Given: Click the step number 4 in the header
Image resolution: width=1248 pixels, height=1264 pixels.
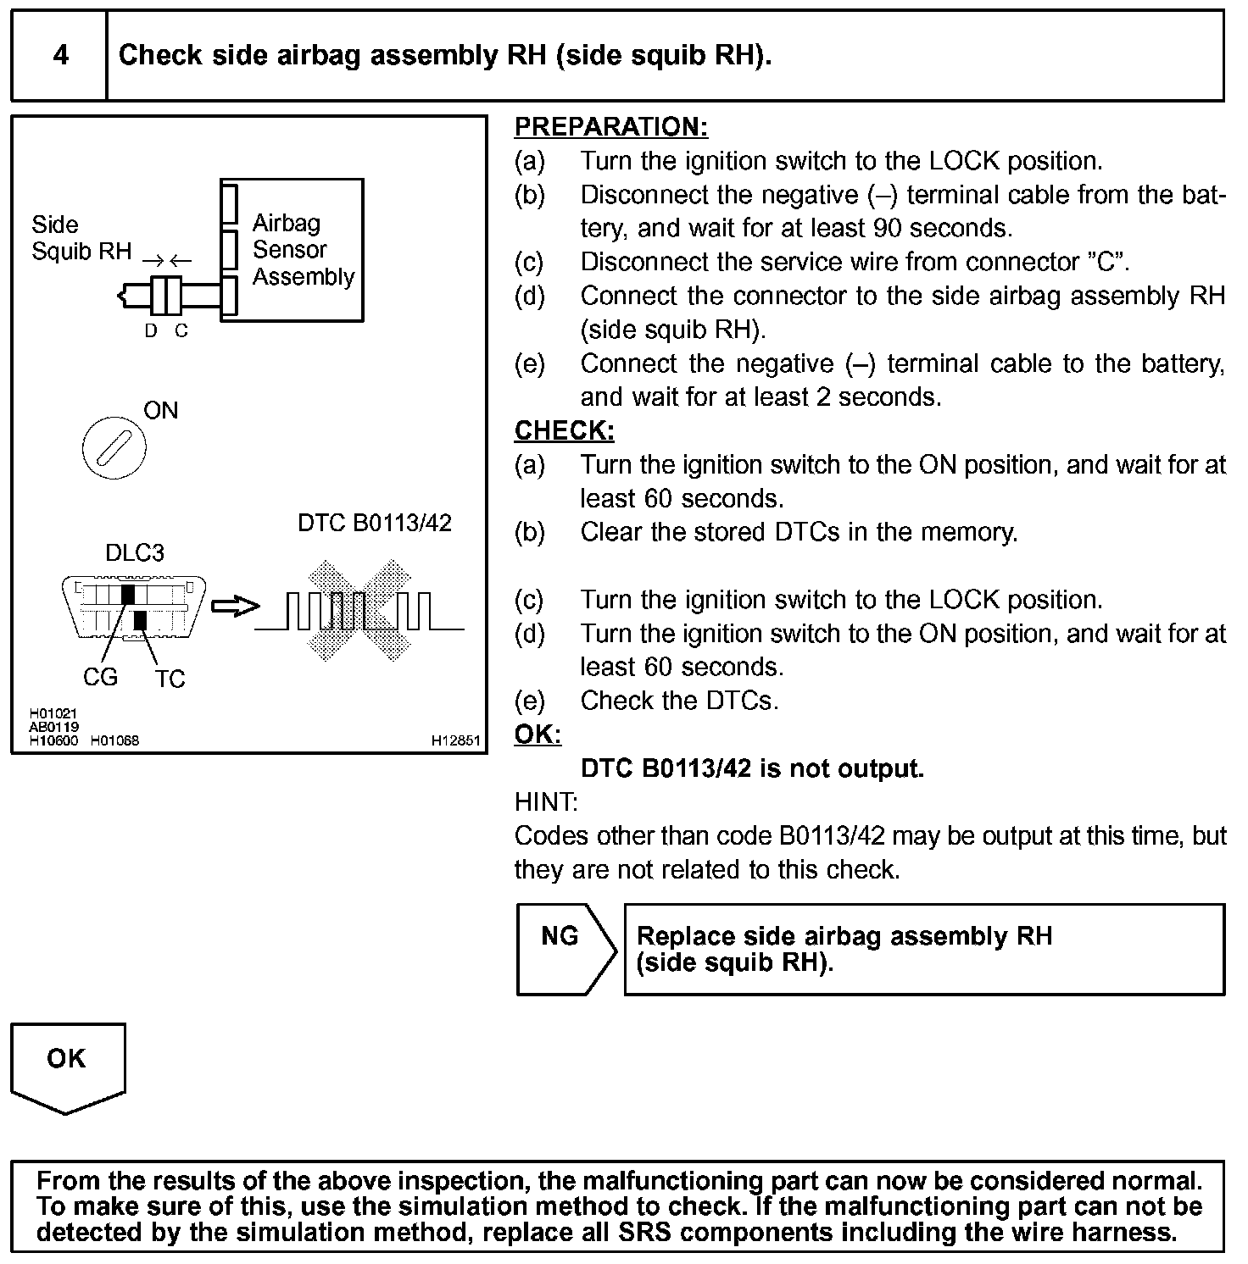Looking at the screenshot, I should tap(60, 56).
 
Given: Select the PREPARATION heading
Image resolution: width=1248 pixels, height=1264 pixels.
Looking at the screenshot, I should tap(610, 127).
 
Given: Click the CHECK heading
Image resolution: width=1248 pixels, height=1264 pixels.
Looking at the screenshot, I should tap(564, 431).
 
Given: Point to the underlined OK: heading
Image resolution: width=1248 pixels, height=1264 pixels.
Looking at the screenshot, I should tap(538, 735).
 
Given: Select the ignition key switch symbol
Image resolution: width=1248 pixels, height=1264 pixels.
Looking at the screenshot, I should tap(114, 447).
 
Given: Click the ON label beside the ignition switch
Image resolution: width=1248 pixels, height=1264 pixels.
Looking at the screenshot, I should tap(160, 411).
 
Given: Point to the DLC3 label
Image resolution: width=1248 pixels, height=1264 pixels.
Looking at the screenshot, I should tap(134, 553).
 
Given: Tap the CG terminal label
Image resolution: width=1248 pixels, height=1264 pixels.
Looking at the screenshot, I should tap(100, 678).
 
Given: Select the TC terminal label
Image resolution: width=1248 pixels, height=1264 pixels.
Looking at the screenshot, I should tap(170, 679).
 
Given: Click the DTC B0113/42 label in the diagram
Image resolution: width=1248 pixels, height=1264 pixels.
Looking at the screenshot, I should tap(374, 523).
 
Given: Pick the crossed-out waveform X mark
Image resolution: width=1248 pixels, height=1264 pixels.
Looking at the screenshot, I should tap(359, 610).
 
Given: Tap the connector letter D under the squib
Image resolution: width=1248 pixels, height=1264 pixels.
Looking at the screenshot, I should tap(151, 331).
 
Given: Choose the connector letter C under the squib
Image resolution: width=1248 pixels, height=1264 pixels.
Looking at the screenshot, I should tap(181, 331).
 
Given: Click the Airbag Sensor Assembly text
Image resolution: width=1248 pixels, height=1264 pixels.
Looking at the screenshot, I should tap(303, 250).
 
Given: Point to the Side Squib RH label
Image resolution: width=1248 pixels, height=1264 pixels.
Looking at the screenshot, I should tap(81, 239).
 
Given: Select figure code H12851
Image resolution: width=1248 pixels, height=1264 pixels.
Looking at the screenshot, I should tap(455, 740).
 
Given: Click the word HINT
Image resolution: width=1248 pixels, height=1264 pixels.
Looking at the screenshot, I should tap(545, 802).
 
